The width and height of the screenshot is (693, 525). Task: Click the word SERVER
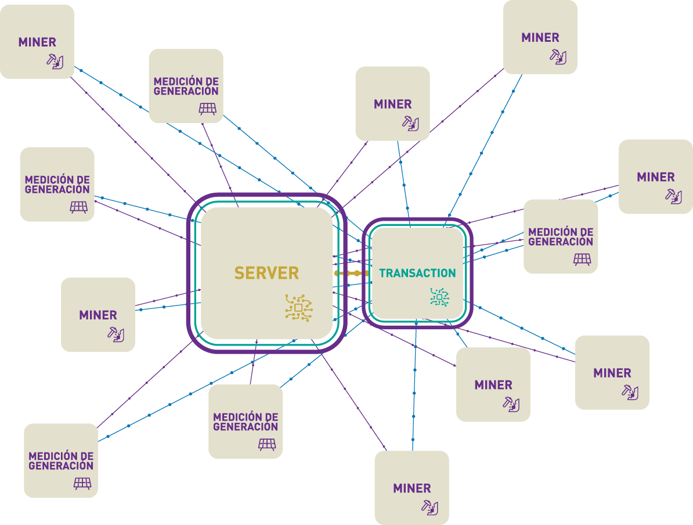[266, 273]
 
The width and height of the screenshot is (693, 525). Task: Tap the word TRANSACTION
[417, 273]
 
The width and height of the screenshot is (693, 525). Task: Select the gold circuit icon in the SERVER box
[298, 308]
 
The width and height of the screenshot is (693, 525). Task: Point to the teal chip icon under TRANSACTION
[439, 297]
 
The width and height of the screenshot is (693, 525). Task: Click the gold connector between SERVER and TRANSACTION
[352, 273]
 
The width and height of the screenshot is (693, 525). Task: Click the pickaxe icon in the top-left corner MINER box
[55, 61]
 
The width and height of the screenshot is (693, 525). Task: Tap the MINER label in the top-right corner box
[540, 38]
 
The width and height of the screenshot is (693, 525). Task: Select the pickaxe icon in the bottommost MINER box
[429, 506]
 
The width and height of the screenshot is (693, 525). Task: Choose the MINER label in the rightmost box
[655, 177]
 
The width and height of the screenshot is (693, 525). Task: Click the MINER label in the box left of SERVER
[98, 315]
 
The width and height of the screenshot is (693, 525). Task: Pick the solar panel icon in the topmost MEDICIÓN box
[208, 109]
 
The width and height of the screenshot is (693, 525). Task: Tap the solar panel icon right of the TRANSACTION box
[582, 259]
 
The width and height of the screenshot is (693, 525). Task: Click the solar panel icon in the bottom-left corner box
[82, 483]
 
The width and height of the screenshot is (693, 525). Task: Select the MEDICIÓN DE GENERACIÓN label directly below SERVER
[246, 422]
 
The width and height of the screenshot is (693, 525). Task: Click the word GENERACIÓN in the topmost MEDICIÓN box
[186, 91]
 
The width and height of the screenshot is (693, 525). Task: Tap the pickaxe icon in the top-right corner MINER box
[558, 56]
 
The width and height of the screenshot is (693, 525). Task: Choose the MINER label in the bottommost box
[412, 488]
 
